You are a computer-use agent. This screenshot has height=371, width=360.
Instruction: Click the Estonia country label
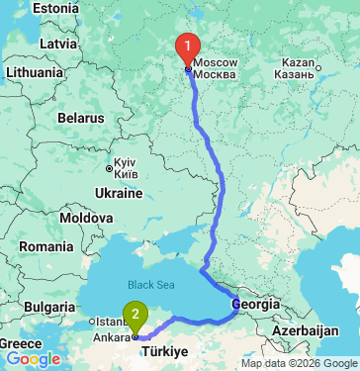point(55,8)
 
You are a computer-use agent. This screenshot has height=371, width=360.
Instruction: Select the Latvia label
point(58,45)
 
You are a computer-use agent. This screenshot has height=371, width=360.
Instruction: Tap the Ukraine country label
point(118,192)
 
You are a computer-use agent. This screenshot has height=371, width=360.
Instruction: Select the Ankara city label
point(112,336)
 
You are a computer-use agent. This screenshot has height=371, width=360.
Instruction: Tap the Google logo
point(33,359)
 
